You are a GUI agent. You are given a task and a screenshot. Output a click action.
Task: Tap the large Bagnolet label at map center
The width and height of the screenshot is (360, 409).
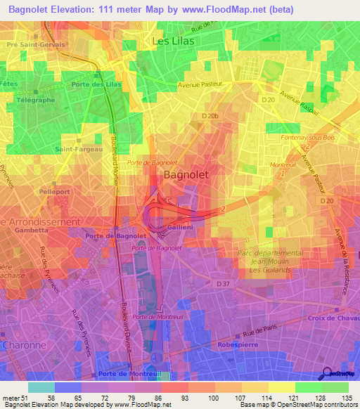coord(185,174)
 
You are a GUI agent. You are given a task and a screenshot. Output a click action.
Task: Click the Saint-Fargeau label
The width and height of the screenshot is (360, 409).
coord(77,148)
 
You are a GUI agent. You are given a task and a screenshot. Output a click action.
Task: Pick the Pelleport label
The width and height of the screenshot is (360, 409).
coord(53,190)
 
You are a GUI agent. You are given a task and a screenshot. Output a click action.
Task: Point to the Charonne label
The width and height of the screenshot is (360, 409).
coord(25,345)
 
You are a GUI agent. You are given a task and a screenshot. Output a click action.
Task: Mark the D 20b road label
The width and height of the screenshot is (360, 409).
coord(210,115)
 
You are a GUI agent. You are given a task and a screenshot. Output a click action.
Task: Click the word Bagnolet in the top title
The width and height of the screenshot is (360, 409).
coord(33,9)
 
